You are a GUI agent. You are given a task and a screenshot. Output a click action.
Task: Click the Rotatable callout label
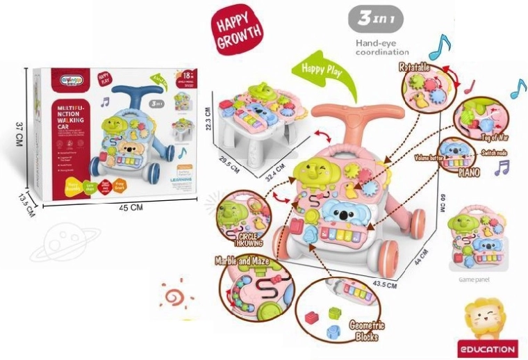click(415, 67)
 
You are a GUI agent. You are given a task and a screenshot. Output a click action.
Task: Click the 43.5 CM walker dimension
click(384, 284)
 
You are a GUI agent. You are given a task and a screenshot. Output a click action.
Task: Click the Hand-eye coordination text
click(382, 47)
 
